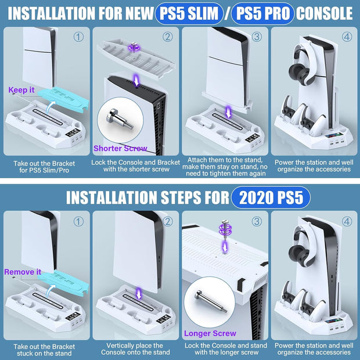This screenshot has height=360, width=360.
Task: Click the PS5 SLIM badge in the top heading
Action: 190,13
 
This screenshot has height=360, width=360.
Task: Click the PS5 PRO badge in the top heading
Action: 262,13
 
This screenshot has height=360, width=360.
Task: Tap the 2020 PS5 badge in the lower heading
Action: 270,197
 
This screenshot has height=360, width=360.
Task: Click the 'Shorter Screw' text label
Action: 120,148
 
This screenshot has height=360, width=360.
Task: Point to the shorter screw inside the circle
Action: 119,121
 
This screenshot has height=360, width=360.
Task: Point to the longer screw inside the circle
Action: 208,305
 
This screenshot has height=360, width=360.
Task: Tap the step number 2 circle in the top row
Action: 167,37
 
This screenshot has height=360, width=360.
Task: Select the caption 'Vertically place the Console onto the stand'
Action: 136,348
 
